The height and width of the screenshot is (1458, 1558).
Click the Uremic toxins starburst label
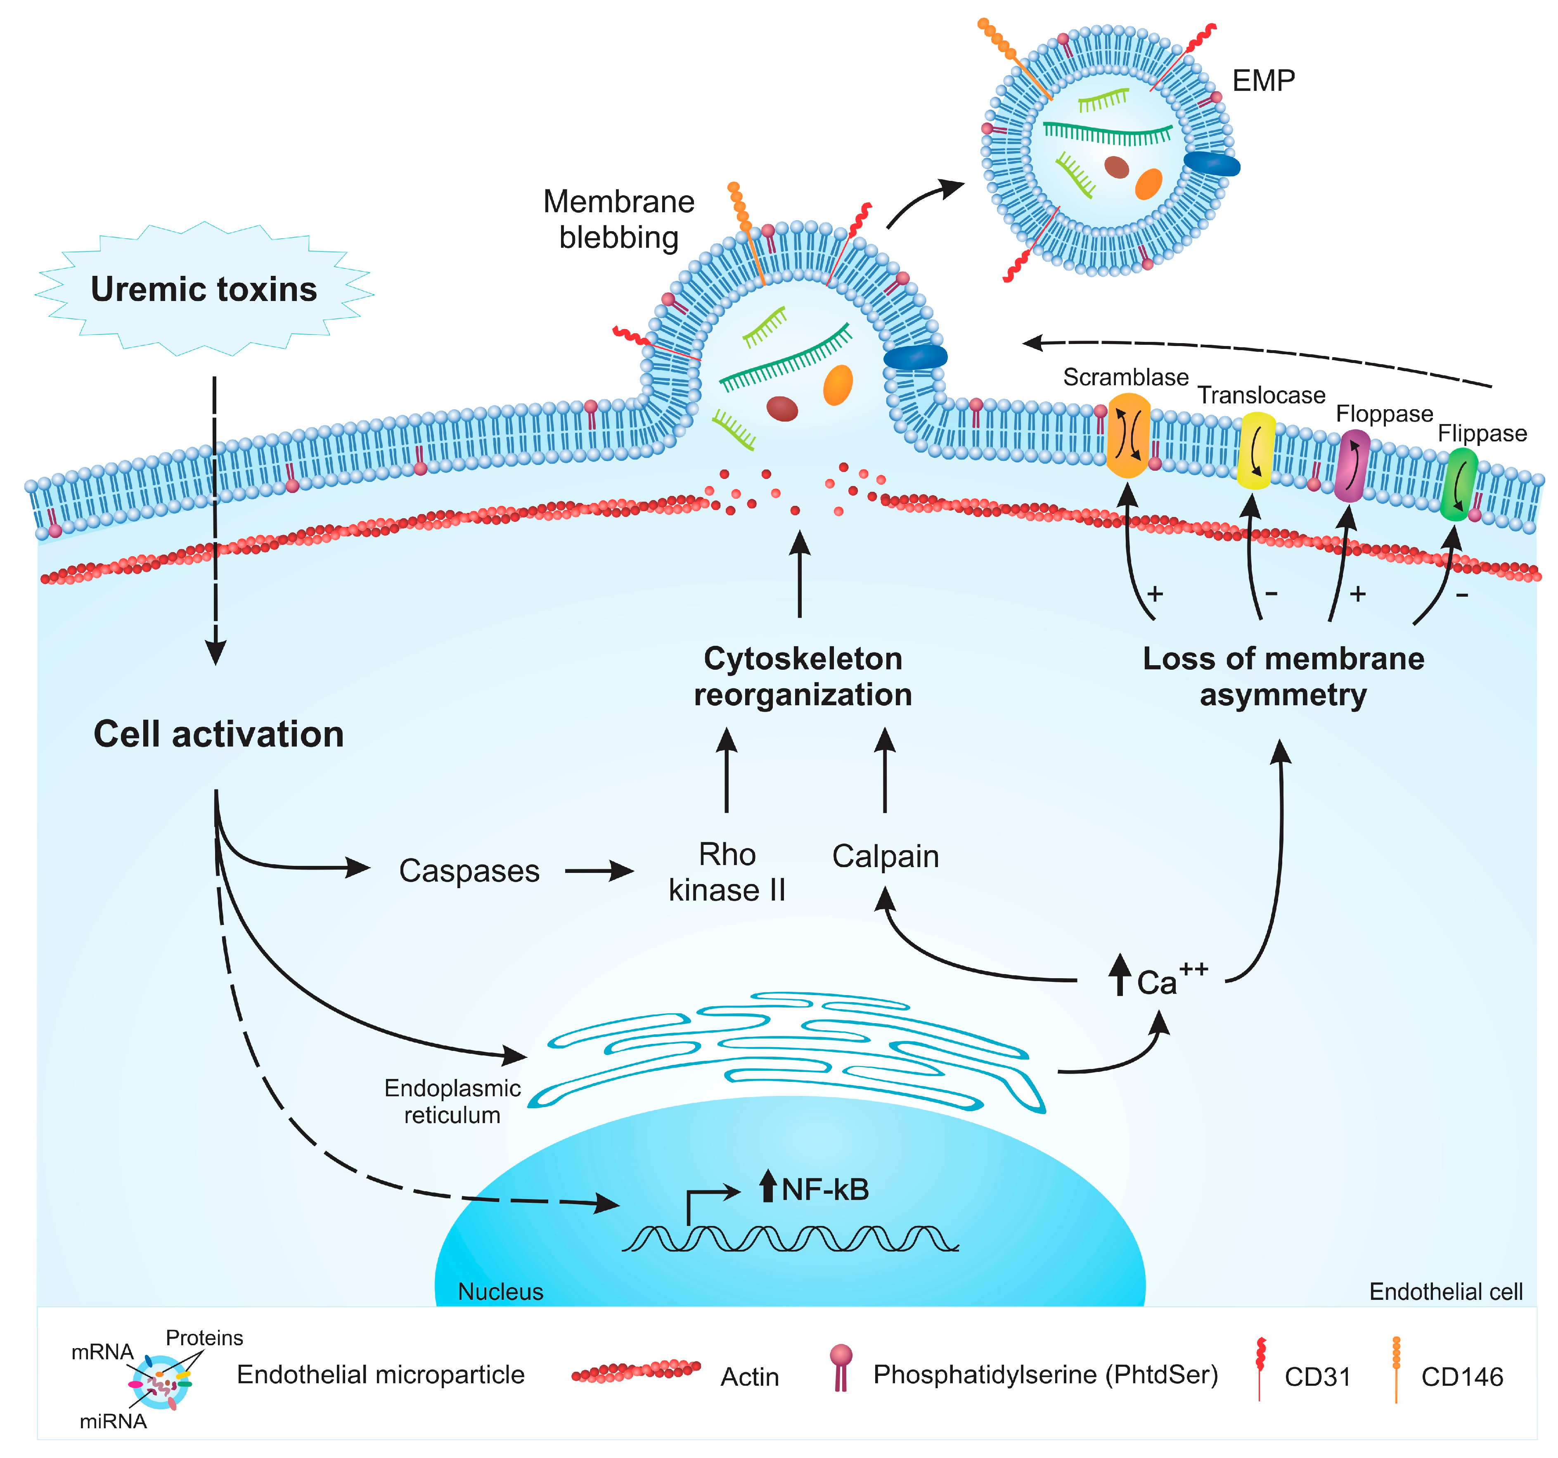click(204, 289)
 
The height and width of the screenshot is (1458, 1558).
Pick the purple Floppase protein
click(1352, 466)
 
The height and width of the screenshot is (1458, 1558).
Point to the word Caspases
click(469, 871)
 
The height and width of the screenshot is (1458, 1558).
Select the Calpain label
click(885, 856)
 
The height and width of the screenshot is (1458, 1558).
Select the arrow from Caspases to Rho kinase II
click(599, 871)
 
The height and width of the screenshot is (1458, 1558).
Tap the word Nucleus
click(500, 1291)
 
